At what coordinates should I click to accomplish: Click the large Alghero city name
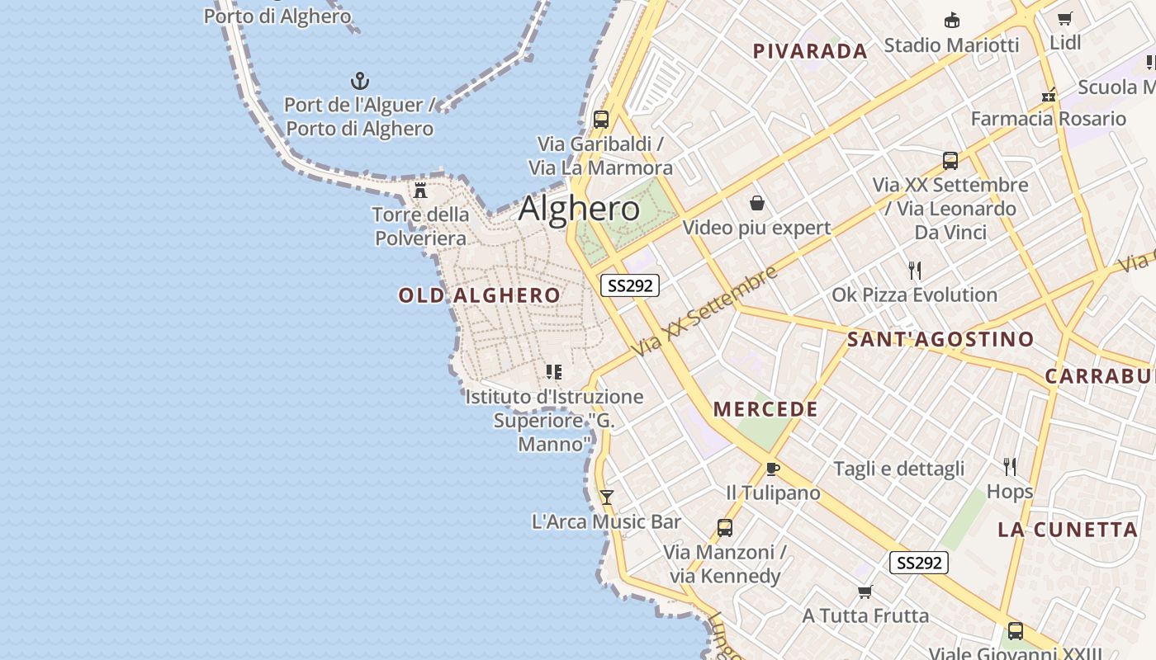coord(579,209)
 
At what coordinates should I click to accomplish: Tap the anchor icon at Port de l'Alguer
coord(360,81)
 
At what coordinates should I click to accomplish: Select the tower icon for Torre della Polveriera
coord(420,191)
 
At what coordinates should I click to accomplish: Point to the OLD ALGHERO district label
coord(479,295)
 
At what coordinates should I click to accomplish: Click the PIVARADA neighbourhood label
coord(810,51)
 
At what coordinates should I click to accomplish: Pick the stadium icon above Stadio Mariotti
coord(952,20)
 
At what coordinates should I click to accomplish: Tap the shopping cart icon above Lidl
coord(1065,18)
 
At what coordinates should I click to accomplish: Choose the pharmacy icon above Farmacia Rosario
coord(1049,95)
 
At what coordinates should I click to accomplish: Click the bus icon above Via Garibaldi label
coord(601,119)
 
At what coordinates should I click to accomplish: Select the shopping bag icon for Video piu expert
coord(756,203)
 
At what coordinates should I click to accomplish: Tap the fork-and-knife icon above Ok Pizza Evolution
coord(914,271)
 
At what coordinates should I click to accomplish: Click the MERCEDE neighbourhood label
coord(765,409)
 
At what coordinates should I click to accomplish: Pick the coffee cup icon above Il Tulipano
coord(773,469)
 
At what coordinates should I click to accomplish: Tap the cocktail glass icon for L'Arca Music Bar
coord(607,497)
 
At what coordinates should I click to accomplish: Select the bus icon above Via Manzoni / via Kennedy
coord(725,527)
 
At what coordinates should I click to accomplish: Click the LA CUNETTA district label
coord(1068,530)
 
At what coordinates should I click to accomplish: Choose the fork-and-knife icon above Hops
coord(1009,467)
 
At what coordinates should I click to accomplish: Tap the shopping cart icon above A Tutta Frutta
coord(865,592)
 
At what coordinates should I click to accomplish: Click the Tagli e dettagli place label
coord(898,469)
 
